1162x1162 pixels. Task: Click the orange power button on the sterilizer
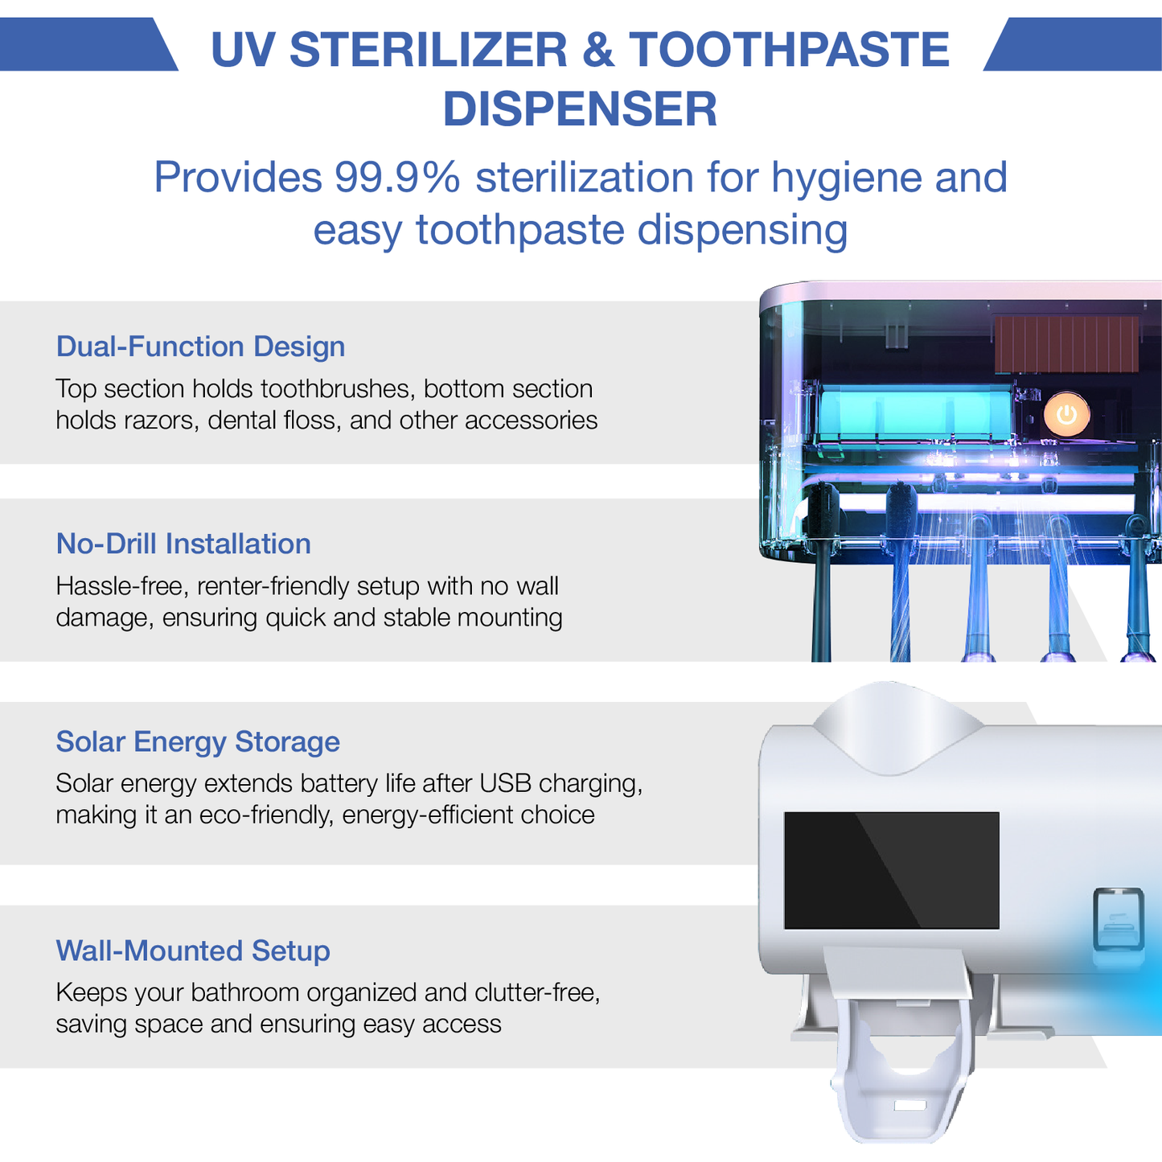1066,415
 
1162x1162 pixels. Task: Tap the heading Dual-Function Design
200,347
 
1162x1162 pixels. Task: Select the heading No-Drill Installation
183,544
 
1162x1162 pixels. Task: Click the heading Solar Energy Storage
198,741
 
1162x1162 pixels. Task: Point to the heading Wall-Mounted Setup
193,951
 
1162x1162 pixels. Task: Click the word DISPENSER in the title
580,109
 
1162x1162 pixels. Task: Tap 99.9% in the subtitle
397,178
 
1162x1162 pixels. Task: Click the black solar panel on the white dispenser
891,870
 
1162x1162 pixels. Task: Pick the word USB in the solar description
505,783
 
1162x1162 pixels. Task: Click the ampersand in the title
597,50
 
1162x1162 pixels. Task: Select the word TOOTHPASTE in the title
789,50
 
